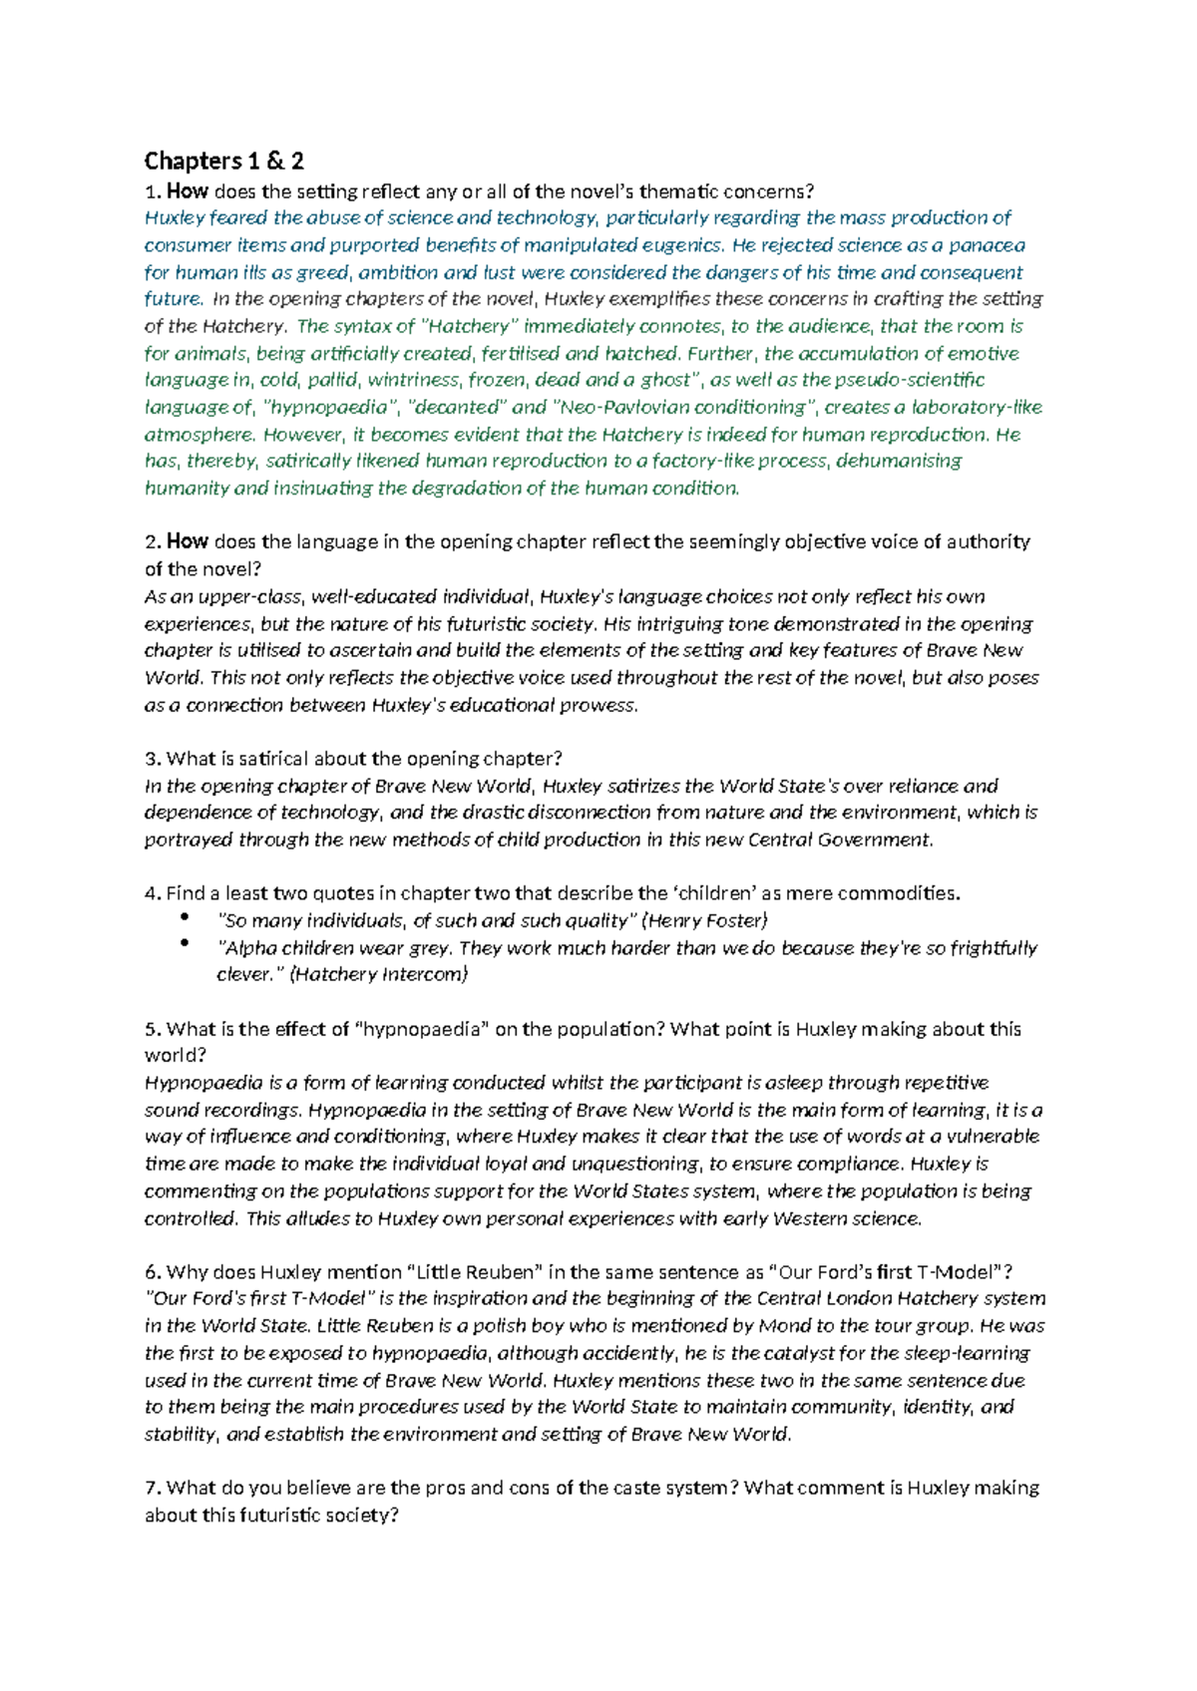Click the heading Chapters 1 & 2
[223, 161]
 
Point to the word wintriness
[413, 380]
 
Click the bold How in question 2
[187, 542]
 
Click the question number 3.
[152, 759]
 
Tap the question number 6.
[152, 1272]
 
